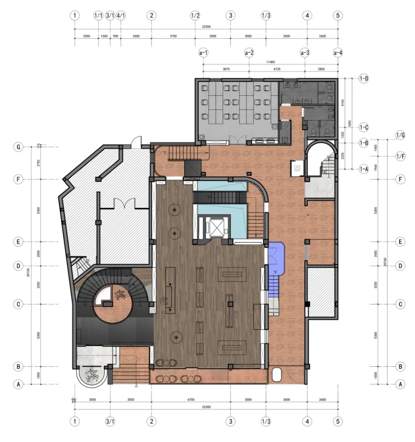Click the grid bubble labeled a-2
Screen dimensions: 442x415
(249, 52)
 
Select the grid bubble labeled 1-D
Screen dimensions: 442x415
(363, 78)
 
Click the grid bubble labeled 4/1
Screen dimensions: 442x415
(121, 16)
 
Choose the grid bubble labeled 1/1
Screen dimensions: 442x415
(99, 16)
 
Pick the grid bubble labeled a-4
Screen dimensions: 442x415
(338, 52)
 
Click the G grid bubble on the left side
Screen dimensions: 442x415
(18, 147)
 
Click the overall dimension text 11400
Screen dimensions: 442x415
(270, 62)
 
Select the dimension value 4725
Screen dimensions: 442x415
(276, 68)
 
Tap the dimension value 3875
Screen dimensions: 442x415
(226, 68)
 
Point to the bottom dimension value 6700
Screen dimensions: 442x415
(190, 400)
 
